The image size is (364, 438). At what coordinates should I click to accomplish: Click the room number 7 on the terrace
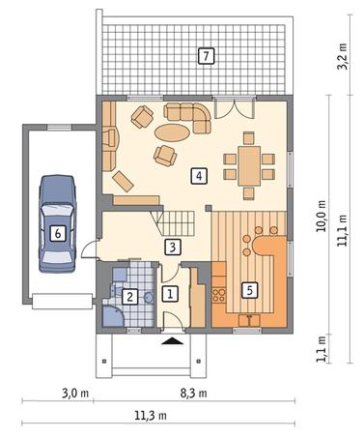pyautogui.click(x=206, y=56)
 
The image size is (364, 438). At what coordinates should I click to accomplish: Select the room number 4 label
pyautogui.click(x=199, y=176)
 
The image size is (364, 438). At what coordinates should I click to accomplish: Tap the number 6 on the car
pyautogui.click(x=58, y=233)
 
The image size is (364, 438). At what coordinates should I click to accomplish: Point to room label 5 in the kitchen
pyautogui.click(x=250, y=290)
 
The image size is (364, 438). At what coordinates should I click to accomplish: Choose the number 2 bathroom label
pyautogui.click(x=129, y=297)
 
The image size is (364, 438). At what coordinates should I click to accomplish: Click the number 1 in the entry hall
pyautogui.click(x=170, y=294)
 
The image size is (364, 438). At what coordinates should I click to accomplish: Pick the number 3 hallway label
pyautogui.click(x=173, y=248)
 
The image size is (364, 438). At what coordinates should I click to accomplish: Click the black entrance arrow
pyautogui.click(x=173, y=341)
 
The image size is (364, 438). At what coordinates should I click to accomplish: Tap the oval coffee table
pyautogui.click(x=172, y=132)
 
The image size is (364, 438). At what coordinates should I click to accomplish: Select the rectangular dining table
pyautogui.click(x=249, y=166)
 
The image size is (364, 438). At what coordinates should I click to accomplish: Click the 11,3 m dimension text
pyautogui.click(x=151, y=416)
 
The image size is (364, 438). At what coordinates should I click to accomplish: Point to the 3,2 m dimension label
pyautogui.click(x=343, y=56)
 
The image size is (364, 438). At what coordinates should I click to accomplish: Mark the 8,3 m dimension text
pyautogui.click(x=193, y=394)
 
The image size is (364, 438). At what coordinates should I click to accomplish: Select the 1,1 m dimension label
pyautogui.click(x=321, y=349)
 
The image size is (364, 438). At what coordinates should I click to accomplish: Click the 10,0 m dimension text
pyautogui.click(x=321, y=217)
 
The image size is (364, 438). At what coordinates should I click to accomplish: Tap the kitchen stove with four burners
pyautogui.click(x=219, y=295)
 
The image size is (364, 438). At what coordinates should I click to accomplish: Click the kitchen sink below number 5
pyautogui.click(x=249, y=320)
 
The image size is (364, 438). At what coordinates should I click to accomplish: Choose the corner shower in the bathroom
pyautogui.click(x=112, y=316)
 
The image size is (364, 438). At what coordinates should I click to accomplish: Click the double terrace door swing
pyautogui.click(x=235, y=109)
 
